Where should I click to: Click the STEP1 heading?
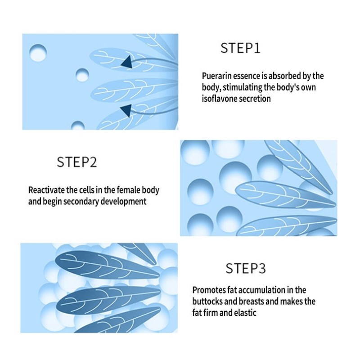(240, 48)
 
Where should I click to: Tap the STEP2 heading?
(77, 162)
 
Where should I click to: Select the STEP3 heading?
(246, 269)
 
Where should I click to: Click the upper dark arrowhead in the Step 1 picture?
(128, 63)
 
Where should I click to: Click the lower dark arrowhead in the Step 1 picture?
(126, 109)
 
